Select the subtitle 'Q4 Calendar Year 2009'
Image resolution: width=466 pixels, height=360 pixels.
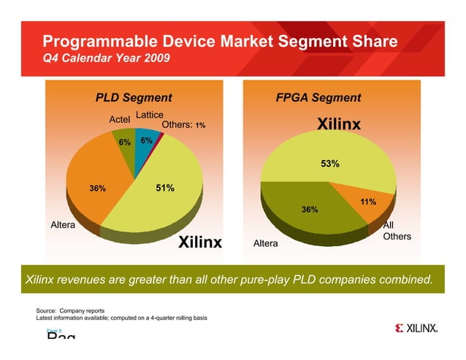click(x=107, y=59)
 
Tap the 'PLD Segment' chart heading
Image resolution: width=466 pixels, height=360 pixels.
click(x=134, y=98)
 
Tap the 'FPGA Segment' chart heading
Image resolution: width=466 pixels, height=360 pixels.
click(x=318, y=98)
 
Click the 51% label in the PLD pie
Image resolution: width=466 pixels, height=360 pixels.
click(x=165, y=188)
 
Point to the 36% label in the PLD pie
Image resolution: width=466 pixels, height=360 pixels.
click(x=97, y=189)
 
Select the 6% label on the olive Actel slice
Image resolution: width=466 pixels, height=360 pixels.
click(x=124, y=142)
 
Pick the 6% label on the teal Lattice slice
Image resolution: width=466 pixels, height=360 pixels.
click(x=146, y=140)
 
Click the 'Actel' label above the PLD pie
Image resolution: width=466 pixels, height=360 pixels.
click(x=119, y=119)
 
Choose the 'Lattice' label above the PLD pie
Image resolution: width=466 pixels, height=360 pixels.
click(x=149, y=115)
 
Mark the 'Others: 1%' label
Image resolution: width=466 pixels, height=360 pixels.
click(x=183, y=125)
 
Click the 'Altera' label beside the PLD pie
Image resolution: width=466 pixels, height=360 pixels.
click(x=63, y=225)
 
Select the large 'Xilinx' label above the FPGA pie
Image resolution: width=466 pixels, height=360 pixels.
click(x=338, y=125)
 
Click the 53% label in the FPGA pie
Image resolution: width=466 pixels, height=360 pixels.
click(x=329, y=164)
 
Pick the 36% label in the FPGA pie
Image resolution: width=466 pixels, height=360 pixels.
click(x=310, y=210)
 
